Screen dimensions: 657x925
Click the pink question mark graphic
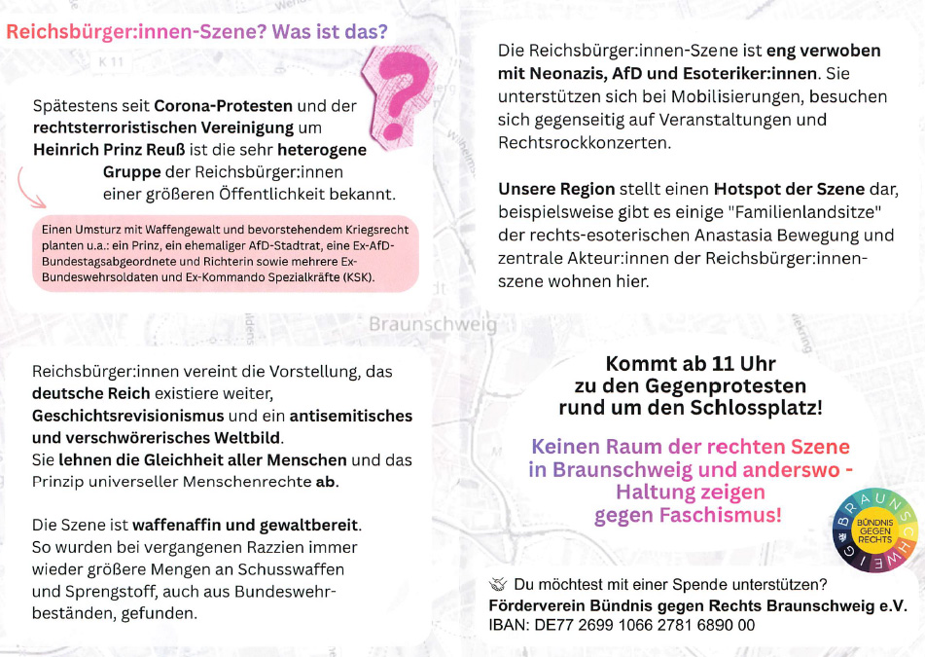pyautogui.click(x=402, y=87)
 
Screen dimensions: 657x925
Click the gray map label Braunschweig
pyautogui.click(x=433, y=324)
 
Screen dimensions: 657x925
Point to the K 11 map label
pyautogui.click(x=113, y=61)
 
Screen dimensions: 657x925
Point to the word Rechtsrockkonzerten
pyautogui.click(x=584, y=142)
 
